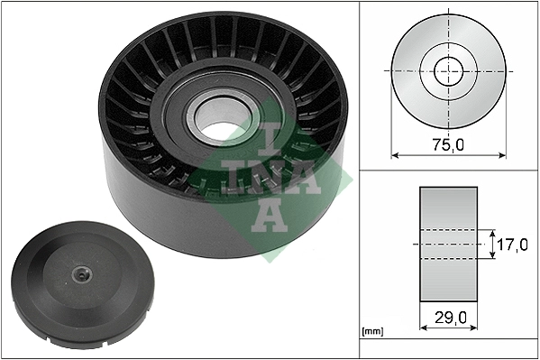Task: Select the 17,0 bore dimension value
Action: (x=511, y=244)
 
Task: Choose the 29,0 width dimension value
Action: (x=449, y=318)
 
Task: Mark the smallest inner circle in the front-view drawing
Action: (x=448, y=70)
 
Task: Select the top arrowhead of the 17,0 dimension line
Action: (x=493, y=231)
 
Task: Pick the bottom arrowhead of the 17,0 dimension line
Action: (x=493, y=256)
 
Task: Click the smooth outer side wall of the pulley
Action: (x=162, y=217)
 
